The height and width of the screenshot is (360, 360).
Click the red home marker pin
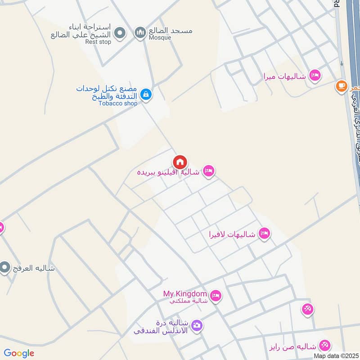(x=180, y=162)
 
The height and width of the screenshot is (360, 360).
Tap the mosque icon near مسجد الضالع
(x=140, y=32)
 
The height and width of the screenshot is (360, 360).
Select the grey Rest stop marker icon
(x=120, y=32)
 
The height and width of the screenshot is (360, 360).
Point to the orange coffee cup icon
(x=342, y=85)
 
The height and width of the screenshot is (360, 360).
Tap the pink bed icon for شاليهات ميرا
(x=315, y=75)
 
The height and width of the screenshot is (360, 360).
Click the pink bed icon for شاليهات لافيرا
(x=264, y=234)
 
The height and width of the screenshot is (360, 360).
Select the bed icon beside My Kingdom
(x=216, y=295)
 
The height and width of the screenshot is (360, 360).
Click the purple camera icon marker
(x=197, y=325)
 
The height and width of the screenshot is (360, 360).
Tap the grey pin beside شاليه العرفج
(x=5, y=268)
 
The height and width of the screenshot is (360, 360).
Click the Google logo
(x=19, y=353)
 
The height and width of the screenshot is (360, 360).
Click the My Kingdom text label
(x=185, y=294)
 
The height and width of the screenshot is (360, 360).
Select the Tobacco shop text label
(x=118, y=103)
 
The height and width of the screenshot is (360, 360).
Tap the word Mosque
(x=160, y=37)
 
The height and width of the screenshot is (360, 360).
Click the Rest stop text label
(x=98, y=42)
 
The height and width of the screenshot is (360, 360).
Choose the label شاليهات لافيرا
(x=232, y=234)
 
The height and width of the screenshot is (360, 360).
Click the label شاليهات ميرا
(x=285, y=76)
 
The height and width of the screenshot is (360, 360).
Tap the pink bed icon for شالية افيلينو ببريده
(x=208, y=171)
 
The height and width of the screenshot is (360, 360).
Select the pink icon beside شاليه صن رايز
(x=324, y=346)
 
